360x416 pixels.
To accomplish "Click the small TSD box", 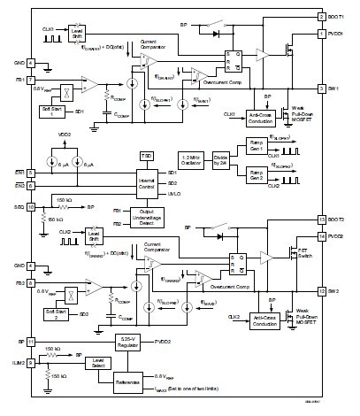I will click(146, 156).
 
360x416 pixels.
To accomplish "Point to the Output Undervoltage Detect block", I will click(146, 216).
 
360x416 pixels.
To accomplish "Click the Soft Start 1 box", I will click(50, 112).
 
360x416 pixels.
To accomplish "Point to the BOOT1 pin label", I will click(340, 17).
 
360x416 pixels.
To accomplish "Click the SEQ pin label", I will click(17, 206).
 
